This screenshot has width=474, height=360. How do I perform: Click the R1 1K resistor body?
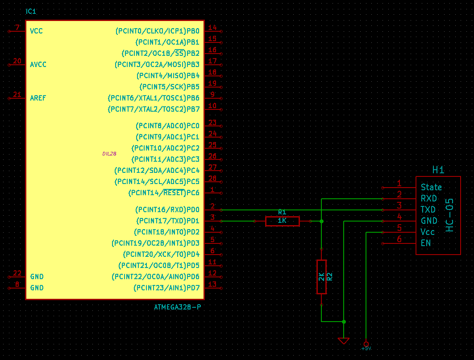(282, 221)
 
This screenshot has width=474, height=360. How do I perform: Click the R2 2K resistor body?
(321, 277)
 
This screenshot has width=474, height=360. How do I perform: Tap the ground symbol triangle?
(344, 340)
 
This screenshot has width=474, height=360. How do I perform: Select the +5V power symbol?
(366, 344)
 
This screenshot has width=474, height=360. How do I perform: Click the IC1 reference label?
(31, 11)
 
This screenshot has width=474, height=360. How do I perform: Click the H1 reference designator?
(438, 170)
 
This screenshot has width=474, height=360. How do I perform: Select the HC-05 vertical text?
(449, 215)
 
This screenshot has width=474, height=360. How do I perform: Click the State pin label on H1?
(431, 187)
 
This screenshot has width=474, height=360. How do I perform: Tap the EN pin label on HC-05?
(426, 243)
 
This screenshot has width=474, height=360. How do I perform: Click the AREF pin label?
(38, 98)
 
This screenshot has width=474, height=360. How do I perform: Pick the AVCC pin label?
(38, 64)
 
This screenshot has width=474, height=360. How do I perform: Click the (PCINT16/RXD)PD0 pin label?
(167, 209)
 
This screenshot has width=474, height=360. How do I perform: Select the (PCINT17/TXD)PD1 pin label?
(167, 221)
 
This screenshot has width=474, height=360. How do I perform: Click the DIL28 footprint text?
(109, 153)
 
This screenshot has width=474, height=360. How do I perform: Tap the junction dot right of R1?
(321, 221)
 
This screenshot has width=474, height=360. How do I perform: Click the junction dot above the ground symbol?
(344, 321)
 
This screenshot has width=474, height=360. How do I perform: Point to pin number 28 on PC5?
(212, 179)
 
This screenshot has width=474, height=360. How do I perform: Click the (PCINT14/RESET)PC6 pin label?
(164, 193)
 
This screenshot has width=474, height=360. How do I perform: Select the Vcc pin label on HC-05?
(428, 232)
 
